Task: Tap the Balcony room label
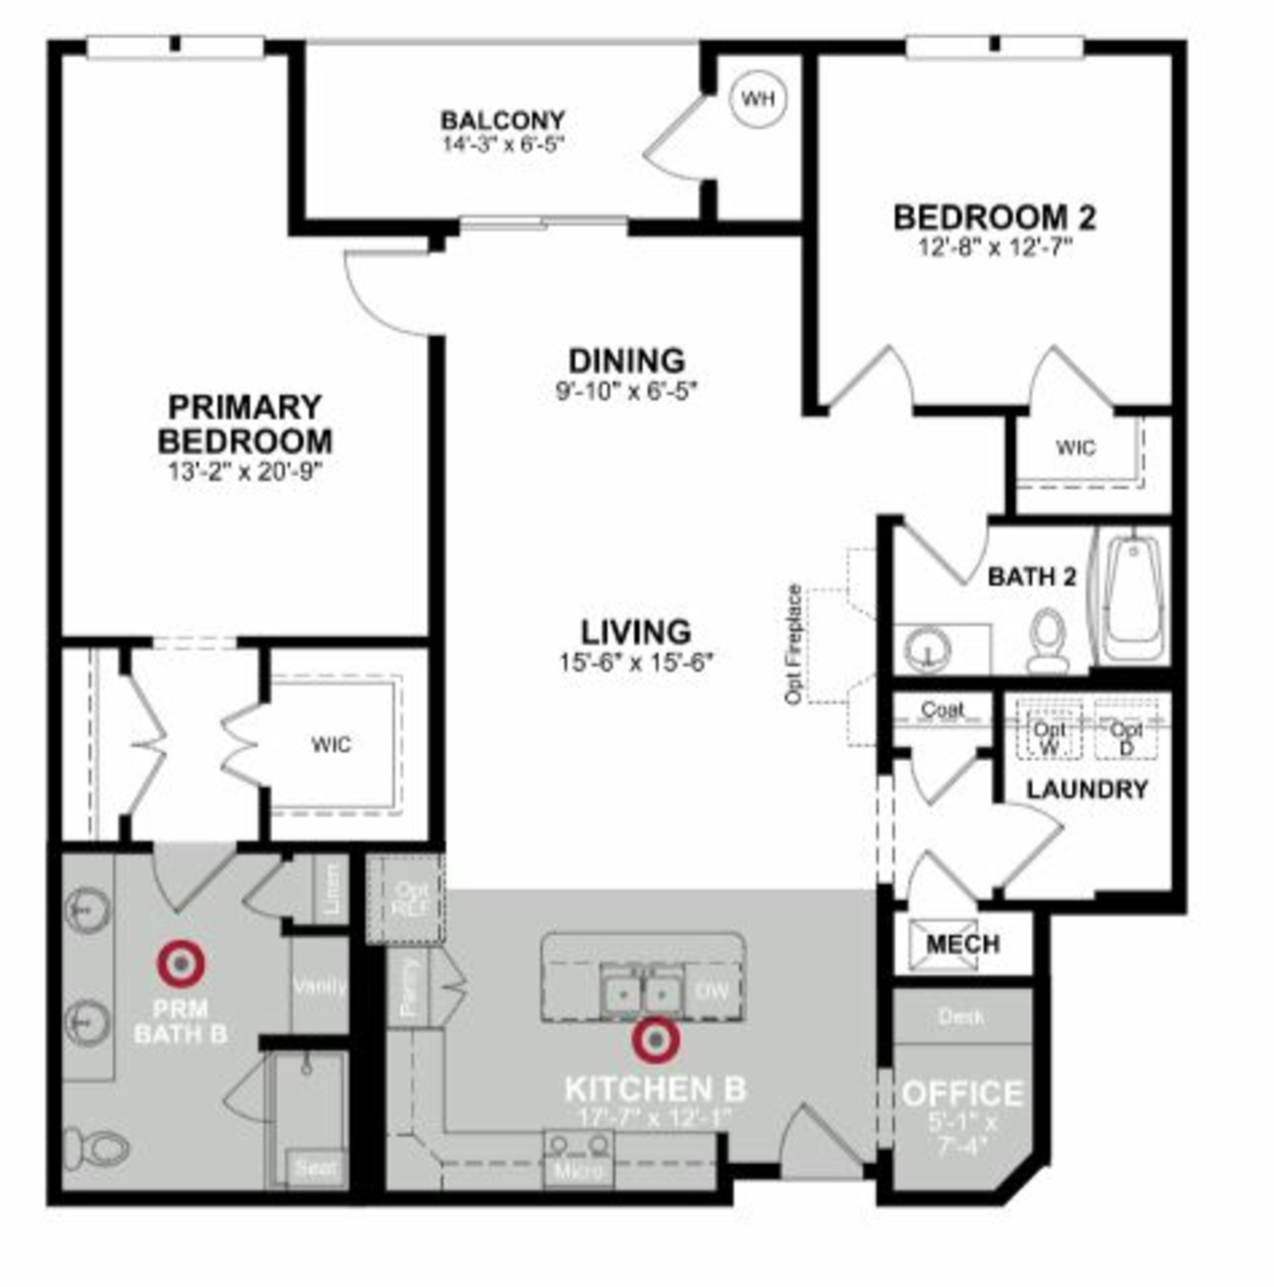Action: click(503, 120)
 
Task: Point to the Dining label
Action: click(626, 360)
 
